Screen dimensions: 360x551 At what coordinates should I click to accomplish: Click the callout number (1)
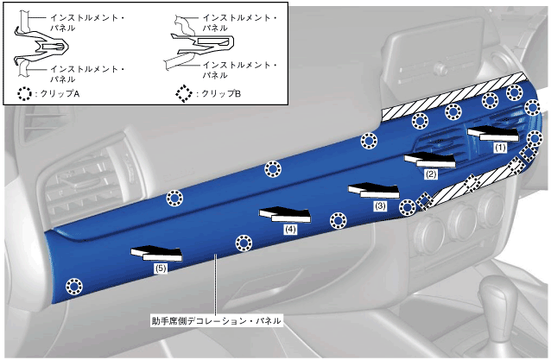pyautogui.click(x=498, y=148)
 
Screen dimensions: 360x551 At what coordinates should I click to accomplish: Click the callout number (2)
pyautogui.click(x=431, y=174)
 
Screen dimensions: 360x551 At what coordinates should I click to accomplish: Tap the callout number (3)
pyautogui.click(x=380, y=206)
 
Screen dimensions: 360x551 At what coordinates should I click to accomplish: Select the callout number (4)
pyautogui.click(x=290, y=230)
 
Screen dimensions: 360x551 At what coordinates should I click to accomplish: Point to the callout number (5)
pyautogui.click(x=161, y=268)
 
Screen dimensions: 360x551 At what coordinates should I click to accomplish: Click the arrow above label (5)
pyautogui.click(x=156, y=253)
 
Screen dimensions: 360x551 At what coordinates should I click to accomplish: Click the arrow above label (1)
pyautogui.click(x=493, y=132)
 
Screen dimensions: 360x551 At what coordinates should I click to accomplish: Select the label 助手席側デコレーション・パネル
pyautogui.click(x=216, y=320)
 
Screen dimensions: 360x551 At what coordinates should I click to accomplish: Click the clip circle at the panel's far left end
pyautogui.click(x=75, y=285)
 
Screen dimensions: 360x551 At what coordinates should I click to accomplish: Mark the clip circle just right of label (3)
pyautogui.click(x=408, y=207)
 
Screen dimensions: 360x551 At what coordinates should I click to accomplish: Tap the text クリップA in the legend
pyautogui.click(x=60, y=94)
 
